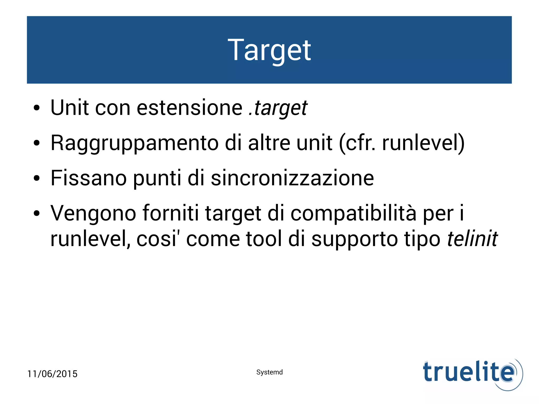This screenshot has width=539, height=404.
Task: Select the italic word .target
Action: pos(278,108)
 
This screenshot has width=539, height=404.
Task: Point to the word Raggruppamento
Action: pos(134,143)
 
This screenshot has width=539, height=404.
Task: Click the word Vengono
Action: pos(93,214)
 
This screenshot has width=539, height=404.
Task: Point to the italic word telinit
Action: pos(472,239)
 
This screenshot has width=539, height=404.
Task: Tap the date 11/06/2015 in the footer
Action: pos(52,374)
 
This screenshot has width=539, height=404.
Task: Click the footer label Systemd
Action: pos(269,372)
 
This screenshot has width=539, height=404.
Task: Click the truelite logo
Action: pos(472,374)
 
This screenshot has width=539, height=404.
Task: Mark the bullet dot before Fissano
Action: pos(37,178)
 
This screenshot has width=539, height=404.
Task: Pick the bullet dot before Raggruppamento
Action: pos(37,143)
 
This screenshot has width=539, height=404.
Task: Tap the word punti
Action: pos(157,178)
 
